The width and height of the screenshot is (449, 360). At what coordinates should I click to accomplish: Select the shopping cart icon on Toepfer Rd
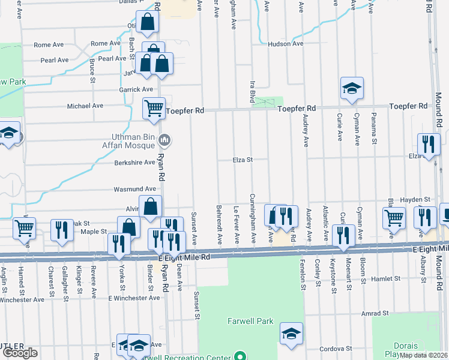coord(154,108)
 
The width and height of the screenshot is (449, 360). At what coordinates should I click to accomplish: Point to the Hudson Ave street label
coord(286,44)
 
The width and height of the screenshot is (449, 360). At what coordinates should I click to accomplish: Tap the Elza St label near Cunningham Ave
coord(244,160)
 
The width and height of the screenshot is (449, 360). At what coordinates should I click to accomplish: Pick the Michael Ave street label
coord(85,106)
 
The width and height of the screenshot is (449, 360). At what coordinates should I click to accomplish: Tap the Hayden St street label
coord(416,199)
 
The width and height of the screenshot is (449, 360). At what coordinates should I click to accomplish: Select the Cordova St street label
coord(335,349)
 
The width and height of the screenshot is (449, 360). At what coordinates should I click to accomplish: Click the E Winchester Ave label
coord(134,298)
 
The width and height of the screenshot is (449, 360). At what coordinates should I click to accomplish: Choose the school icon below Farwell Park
coord(291,334)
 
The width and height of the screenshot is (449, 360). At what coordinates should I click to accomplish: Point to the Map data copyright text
coord(423,355)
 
